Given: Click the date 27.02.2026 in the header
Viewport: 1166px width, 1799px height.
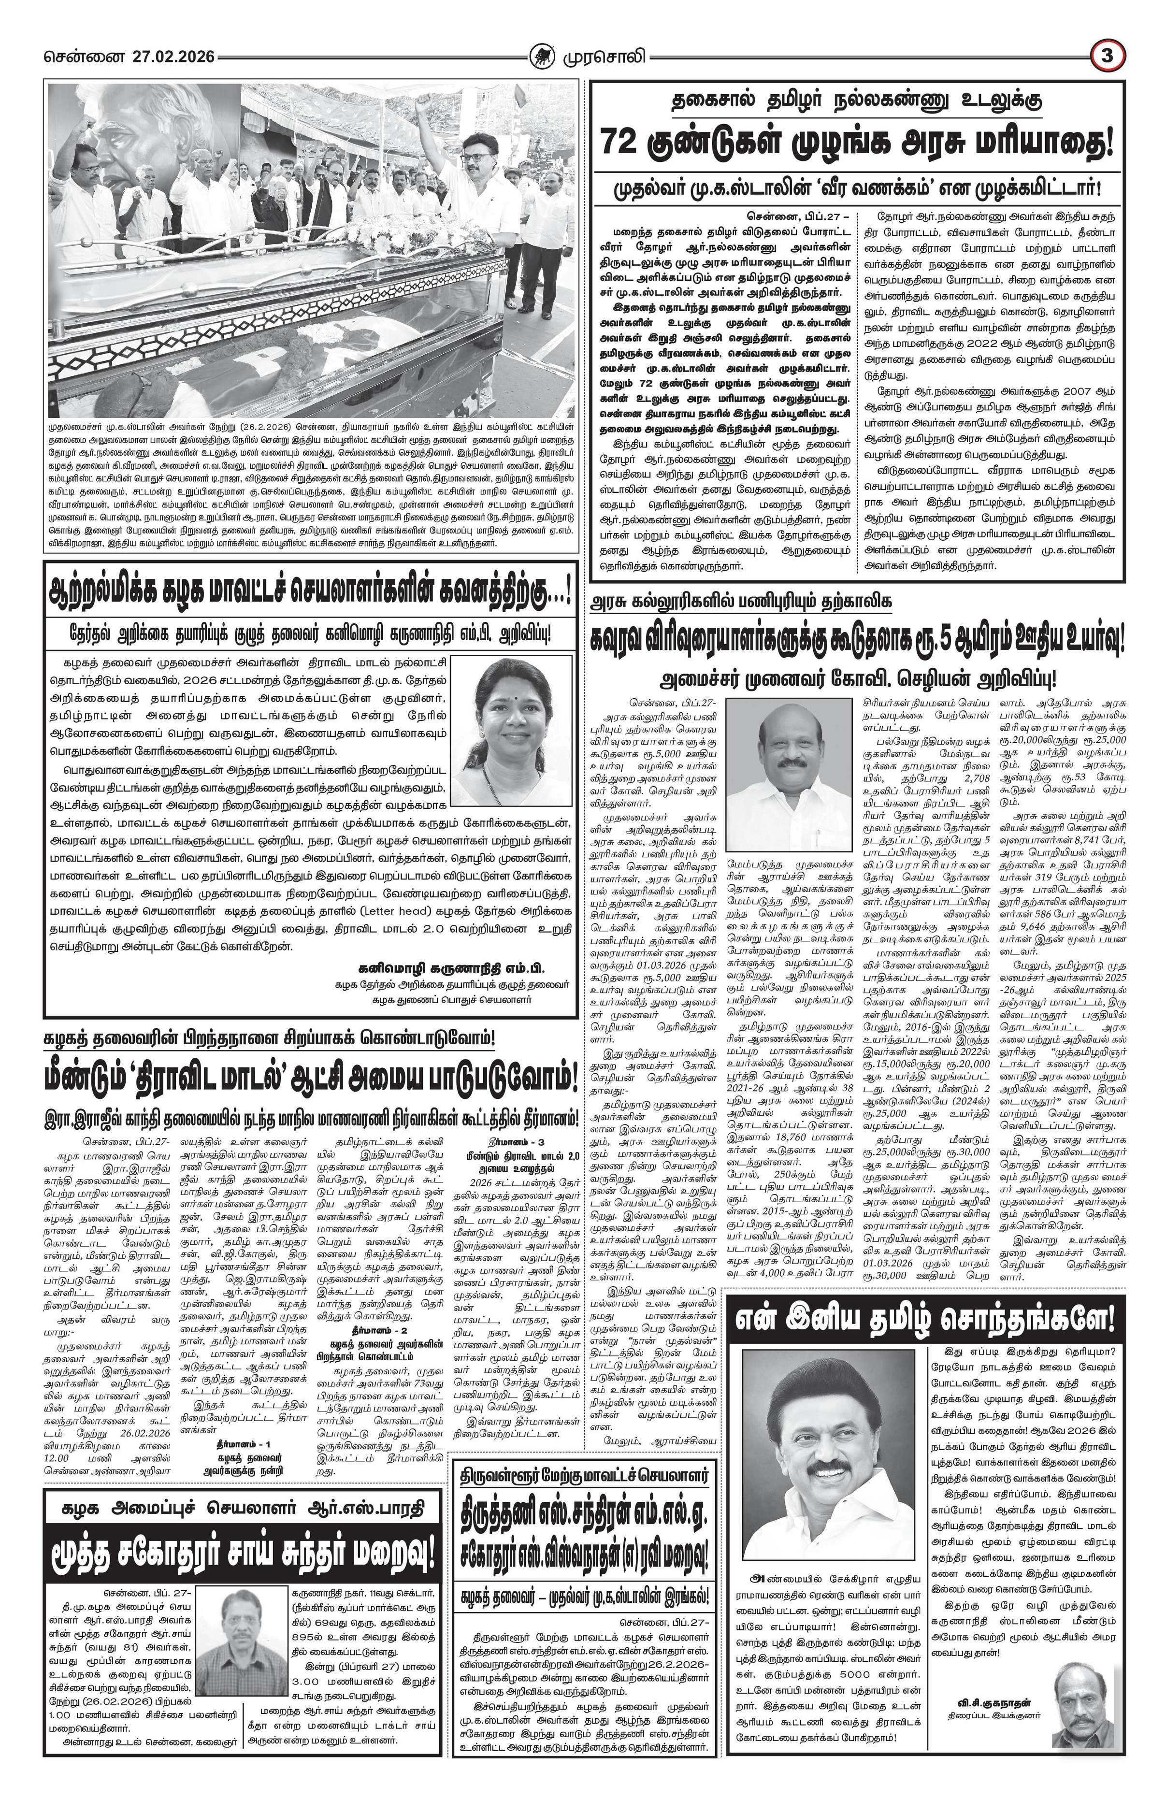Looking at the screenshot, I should pos(174,57).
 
